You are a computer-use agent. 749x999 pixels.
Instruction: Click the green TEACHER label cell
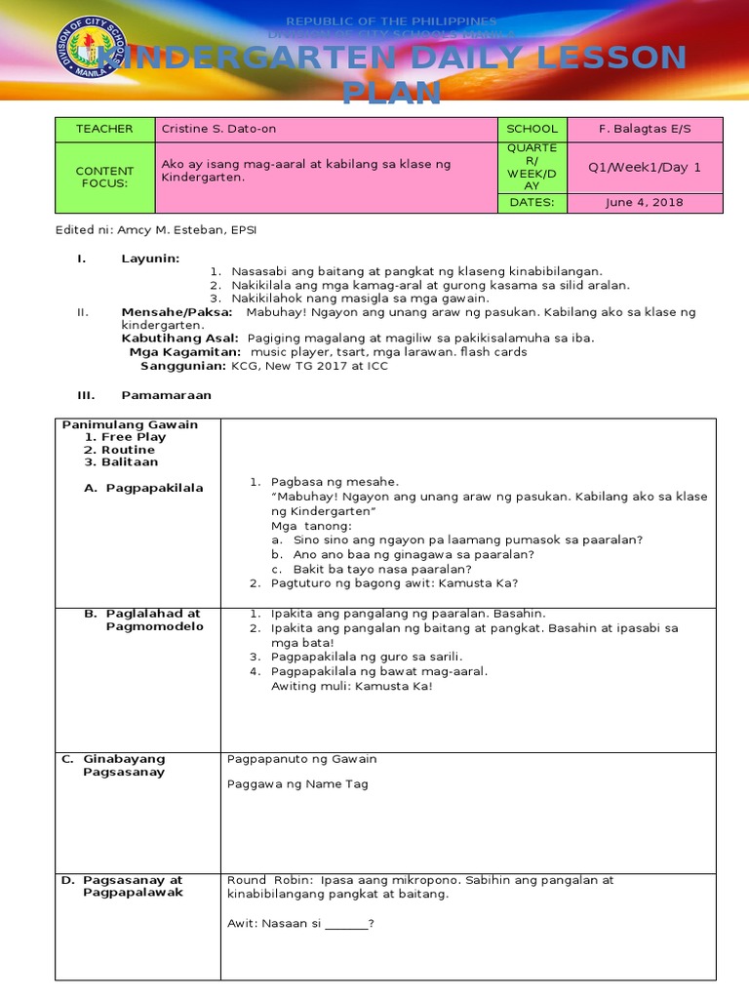coord(104,129)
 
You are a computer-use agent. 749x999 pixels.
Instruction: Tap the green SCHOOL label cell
coord(532,129)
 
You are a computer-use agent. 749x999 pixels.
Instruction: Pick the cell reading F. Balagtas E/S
coord(645,129)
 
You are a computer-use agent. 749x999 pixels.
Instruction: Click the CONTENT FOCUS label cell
coord(104,178)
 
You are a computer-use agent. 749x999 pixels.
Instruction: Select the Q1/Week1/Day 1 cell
coord(645,167)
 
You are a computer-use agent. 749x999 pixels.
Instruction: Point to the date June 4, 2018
coord(645,203)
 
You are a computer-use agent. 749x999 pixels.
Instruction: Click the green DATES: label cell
coord(532,203)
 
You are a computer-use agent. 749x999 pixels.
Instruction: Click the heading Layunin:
coord(150,258)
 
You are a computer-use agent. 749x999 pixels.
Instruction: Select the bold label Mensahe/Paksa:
coord(177,312)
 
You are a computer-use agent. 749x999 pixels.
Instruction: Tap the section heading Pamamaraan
coord(166,395)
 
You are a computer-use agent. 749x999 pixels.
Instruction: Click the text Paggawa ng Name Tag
coord(297,784)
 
